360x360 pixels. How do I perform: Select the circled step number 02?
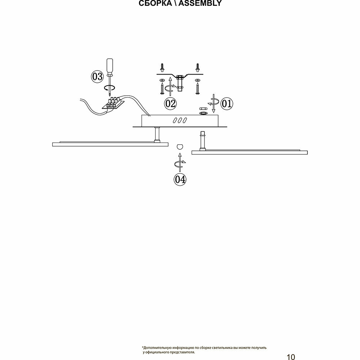tap(170, 104)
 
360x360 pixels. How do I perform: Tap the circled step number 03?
tap(97, 76)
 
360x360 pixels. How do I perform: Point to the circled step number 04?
tap(180, 179)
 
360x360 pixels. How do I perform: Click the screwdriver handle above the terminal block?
tap(109, 67)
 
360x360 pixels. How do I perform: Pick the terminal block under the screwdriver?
tap(113, 103)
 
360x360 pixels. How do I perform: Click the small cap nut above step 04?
tap(180, 146)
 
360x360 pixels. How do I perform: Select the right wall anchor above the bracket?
tap(197, 67)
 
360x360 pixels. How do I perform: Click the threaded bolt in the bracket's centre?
tap(180, 82)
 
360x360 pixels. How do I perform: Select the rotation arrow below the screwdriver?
tap(109, 87)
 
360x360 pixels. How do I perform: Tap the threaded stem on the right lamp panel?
tap(202, 140)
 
